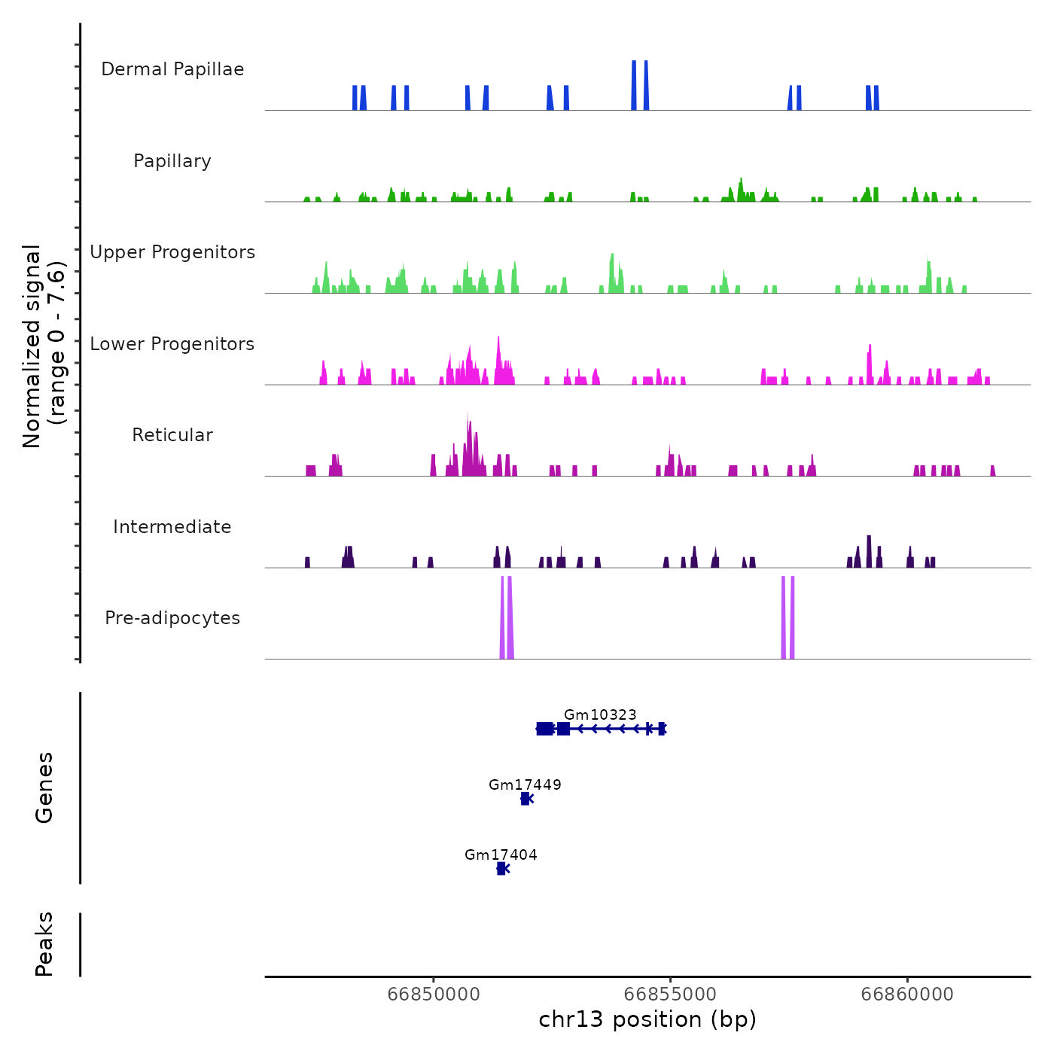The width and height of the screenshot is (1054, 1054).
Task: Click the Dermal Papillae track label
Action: [x=172, y=69]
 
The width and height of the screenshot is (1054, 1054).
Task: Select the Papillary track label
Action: [x=172, y=161]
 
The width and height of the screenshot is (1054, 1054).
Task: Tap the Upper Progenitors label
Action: [x=172, y=252]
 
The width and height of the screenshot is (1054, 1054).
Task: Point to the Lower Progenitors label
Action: [x=172, y=344]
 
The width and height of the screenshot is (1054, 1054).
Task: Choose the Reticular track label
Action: [x=172, y=435]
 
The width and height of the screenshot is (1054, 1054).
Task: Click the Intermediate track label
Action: [x=172, y=527]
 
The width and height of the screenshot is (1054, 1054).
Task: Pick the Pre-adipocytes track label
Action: [x=172, y=618]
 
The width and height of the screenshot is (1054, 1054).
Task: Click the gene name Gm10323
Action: [x=600, y=714]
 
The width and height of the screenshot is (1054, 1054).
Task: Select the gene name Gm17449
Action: [x=525, y=784]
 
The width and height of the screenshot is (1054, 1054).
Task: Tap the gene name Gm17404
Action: [x=501, y=854]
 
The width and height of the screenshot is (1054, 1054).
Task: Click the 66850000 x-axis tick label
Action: [x=434, y=995]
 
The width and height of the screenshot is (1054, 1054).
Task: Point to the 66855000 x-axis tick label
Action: [x=670, y=995]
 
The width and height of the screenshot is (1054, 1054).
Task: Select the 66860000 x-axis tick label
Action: [x=907, y=995]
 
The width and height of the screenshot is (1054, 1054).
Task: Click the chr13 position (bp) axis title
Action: [x=647, y=1019]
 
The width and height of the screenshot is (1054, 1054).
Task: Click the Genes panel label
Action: [x=44, y=787]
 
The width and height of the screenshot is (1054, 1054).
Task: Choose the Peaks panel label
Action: [x=44, y=944]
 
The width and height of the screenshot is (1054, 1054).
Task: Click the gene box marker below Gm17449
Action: [x=525, y=799]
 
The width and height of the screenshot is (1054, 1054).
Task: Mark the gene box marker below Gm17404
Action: [x=501, y=869]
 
